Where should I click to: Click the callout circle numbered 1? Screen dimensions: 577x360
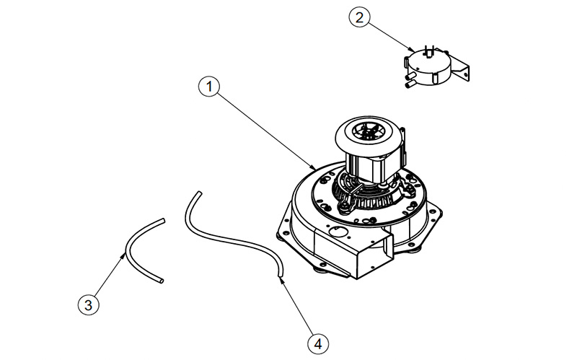(209, 87)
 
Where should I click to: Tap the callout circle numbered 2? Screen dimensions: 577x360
(359, 17)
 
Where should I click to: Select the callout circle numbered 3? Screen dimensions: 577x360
(88, 304)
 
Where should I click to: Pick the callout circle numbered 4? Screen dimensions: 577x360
(318, 344)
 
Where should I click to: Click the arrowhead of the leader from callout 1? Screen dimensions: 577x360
(313, 167)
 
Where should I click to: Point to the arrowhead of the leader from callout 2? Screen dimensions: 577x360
(412, 49)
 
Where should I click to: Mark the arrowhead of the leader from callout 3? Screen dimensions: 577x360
(123, 255)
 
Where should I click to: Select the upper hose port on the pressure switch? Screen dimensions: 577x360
(410, 76)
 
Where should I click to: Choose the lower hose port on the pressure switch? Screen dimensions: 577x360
(410, 84)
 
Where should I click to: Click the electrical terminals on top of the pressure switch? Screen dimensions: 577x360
(429, 51)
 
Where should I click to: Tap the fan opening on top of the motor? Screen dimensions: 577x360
(366, 131)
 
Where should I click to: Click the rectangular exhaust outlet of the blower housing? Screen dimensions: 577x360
(374, 255)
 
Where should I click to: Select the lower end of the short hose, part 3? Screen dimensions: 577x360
(161, 281)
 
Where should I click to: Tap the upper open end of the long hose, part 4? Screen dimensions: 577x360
(199, 193)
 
